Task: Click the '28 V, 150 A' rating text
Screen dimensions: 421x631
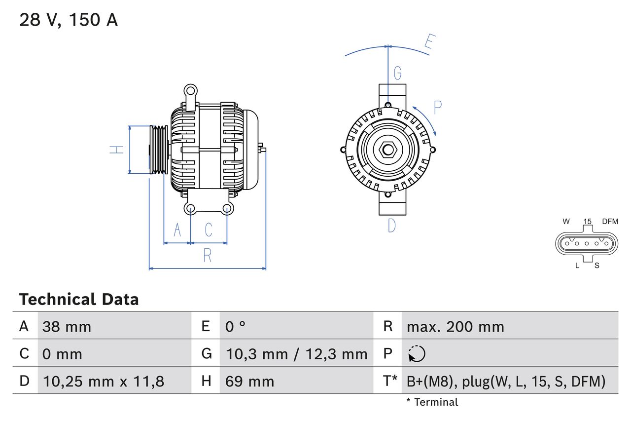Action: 69,20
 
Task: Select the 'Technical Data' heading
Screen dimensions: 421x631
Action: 79,299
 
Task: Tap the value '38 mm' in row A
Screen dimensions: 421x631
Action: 67,327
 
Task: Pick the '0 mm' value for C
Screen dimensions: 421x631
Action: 63,354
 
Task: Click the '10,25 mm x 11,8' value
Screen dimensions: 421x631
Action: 104,381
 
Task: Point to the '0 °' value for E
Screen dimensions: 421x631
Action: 236,327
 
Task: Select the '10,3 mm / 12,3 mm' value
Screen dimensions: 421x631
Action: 297,354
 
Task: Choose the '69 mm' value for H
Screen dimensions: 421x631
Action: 249,381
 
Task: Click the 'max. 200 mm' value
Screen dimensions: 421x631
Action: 455,327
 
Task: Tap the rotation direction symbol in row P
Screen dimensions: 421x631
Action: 417,354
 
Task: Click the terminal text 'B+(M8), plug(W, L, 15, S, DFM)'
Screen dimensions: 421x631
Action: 506,381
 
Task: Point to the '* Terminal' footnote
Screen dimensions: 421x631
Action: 432,402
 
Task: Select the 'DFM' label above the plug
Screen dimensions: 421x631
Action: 609,222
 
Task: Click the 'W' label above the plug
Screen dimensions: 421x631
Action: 566,222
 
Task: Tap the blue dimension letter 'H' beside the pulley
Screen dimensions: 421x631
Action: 117,150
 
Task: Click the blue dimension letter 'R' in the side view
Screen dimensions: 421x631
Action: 208,255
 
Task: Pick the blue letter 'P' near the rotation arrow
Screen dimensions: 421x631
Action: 437,107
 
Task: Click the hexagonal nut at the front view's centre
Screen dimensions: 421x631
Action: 388,150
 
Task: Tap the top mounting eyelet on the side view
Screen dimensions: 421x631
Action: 190,90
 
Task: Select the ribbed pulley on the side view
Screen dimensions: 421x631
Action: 159,150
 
